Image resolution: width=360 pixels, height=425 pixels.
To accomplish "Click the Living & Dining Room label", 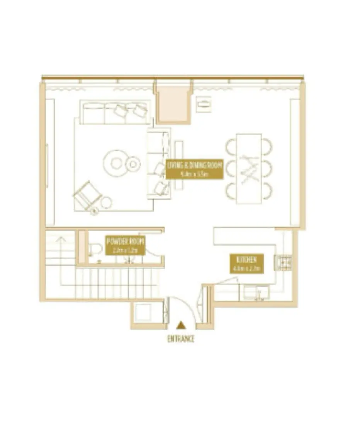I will tap(195, 169).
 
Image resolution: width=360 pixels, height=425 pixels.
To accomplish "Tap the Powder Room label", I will tap(125, 245).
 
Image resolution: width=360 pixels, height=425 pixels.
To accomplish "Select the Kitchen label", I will tap(246, 263).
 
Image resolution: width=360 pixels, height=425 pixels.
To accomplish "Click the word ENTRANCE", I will tap(180, 339).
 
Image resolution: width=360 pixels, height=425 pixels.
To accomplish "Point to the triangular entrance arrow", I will tap(180, 326).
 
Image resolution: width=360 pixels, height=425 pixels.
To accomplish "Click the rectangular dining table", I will tap(249, 168).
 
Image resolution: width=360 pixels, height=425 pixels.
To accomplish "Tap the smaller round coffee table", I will tap(133, 164).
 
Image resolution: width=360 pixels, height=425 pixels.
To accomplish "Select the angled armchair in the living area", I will tap(87, 195).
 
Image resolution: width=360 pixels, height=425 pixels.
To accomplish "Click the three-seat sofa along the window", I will tap(115, 112).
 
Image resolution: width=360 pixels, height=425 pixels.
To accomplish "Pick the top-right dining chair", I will tap(267, 145).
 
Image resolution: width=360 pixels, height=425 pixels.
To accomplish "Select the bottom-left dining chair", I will tap(231, 191).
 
